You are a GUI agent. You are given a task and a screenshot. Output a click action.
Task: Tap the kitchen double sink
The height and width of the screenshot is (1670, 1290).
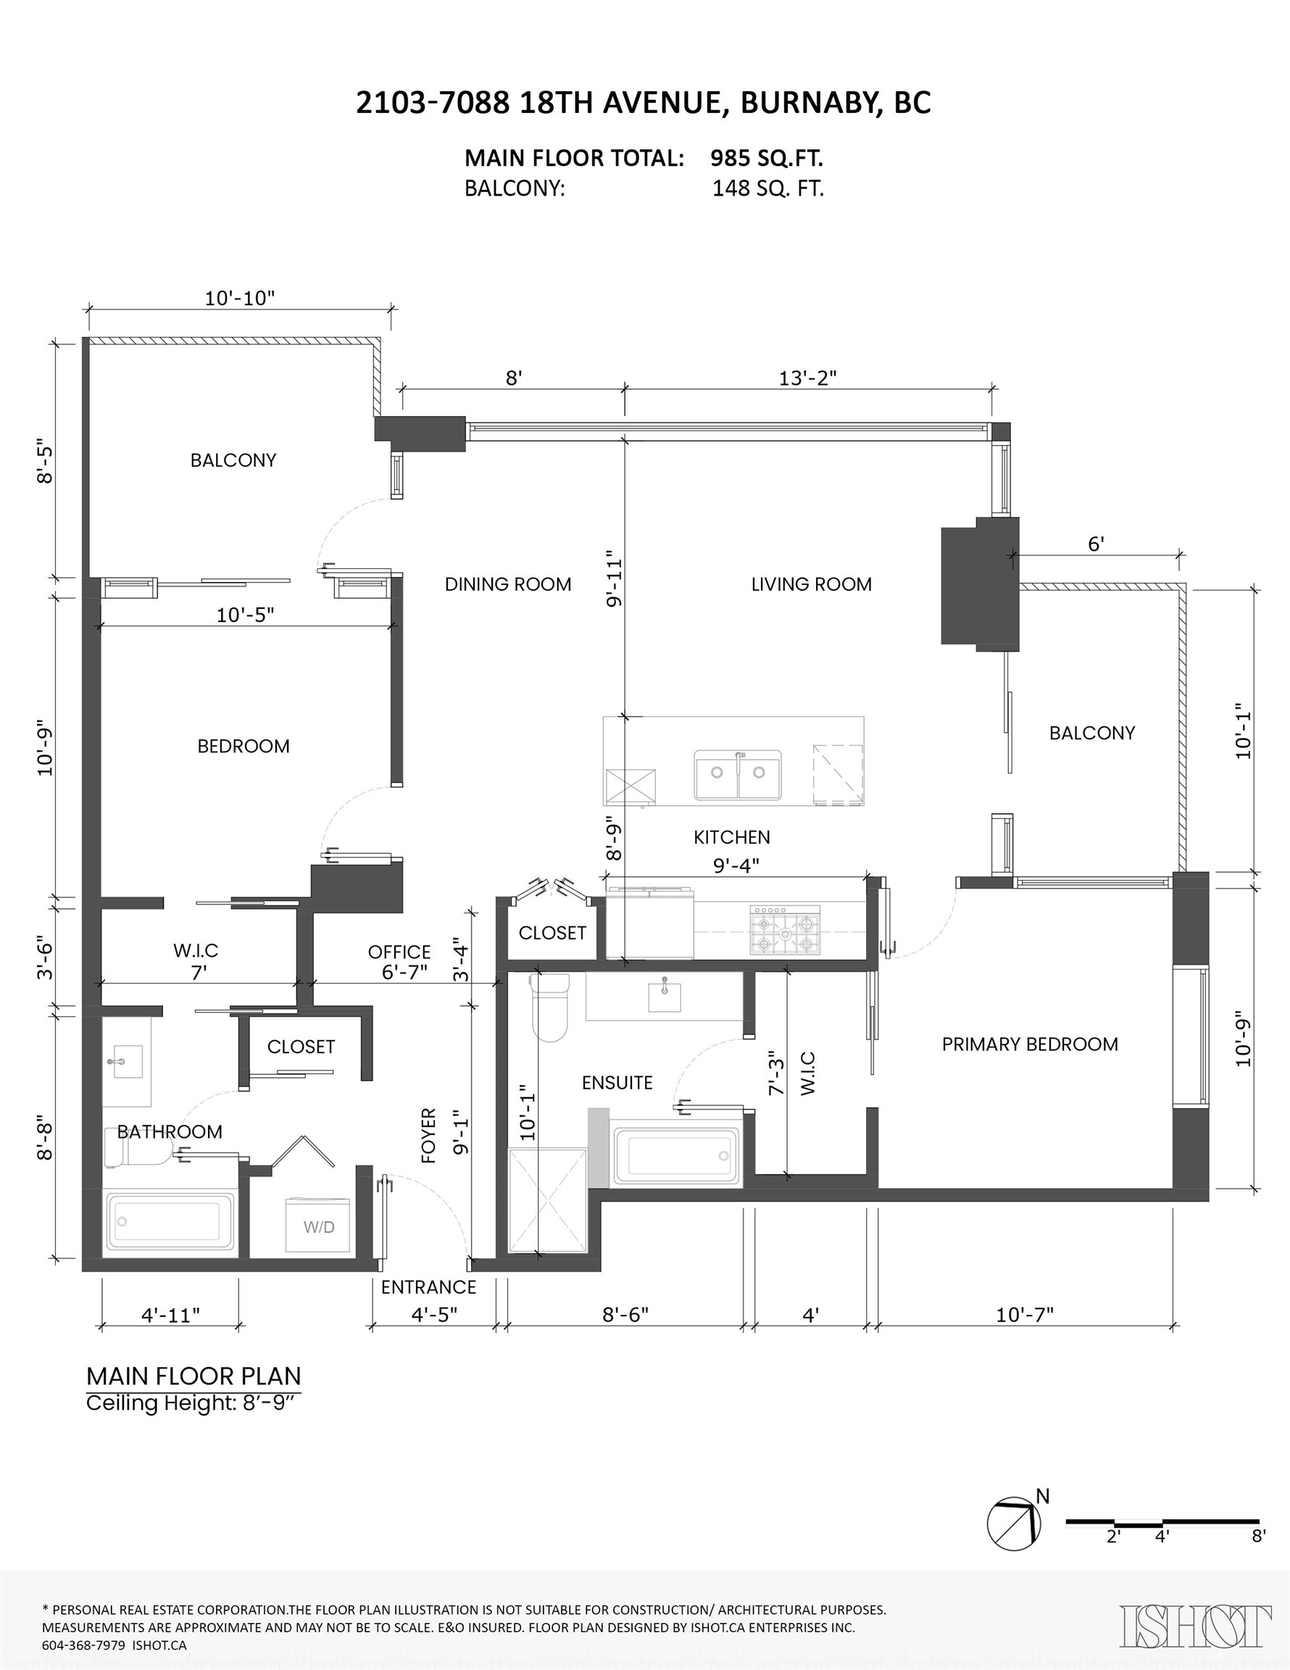(738, 774)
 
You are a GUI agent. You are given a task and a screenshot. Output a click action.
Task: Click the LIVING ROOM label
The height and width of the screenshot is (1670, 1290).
(811, 584)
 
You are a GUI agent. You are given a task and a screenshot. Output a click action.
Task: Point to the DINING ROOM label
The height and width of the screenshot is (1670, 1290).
(508, 584)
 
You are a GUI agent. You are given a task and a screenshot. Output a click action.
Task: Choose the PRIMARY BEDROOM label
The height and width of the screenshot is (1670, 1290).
(1029, 1044)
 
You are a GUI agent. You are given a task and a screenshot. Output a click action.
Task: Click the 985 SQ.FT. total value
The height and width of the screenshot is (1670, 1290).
(766, 158)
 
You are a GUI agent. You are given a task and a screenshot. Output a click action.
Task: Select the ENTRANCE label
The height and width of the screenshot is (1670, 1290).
(428, 1287)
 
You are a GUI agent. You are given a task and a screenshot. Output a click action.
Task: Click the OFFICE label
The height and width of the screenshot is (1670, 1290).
(399, 952)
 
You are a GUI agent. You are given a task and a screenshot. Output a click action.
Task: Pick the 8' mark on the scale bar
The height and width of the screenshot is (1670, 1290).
(1258, 1535)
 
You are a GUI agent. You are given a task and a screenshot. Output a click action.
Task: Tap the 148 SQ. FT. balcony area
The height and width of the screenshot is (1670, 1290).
(767, 189)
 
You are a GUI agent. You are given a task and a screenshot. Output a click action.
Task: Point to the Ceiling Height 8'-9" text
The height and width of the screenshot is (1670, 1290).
(193, 1403)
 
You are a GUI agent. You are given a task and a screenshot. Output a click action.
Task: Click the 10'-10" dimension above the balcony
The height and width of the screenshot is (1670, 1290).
(239, 298)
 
